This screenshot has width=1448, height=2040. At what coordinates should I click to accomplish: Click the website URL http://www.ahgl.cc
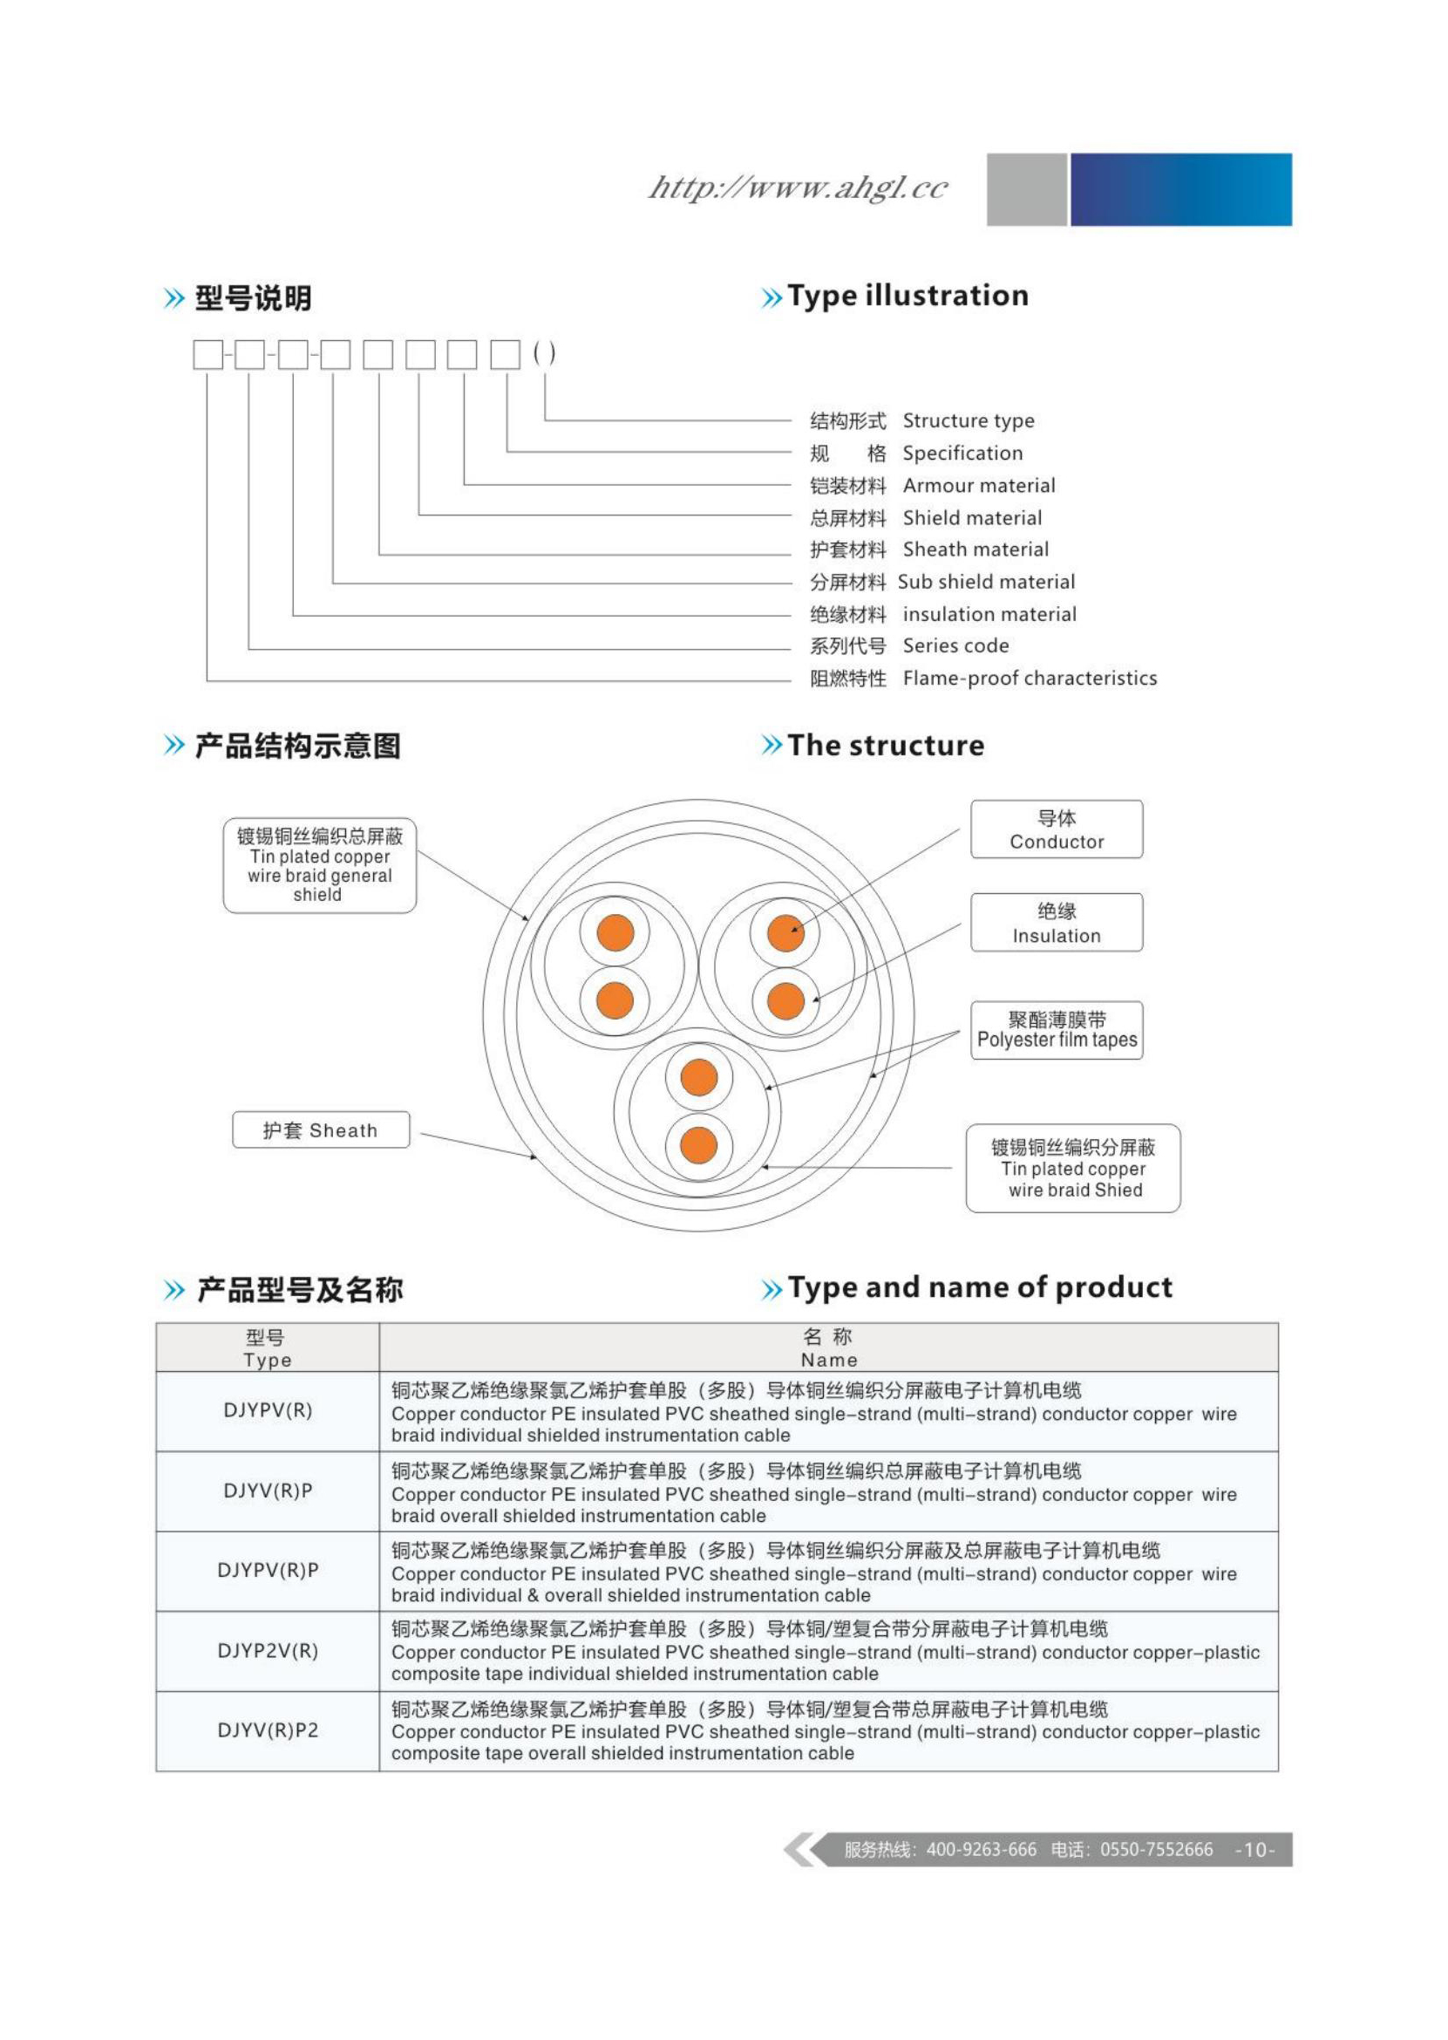coord(798,188)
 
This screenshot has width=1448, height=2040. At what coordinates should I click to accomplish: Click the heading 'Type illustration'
coord(907,296)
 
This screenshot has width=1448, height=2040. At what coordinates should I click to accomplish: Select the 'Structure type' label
coord(969,420)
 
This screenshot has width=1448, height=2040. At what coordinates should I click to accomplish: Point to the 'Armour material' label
coord(978,485)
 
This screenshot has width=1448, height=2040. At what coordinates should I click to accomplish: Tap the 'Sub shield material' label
coord(986,582)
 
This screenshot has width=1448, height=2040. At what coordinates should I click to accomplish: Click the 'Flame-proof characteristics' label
coord(1029,678)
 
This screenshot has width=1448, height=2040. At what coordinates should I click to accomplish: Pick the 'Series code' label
coord(955,645)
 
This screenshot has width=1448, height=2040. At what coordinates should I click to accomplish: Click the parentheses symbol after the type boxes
coord(544,353)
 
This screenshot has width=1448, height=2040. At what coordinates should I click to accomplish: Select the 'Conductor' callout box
coord(1056,829)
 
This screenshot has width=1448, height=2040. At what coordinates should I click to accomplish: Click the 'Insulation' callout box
coord(1056,924)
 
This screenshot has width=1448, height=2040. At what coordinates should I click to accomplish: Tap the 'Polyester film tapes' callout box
coord(1057,1030)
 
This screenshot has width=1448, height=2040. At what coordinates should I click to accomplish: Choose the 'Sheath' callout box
coord(320,1130)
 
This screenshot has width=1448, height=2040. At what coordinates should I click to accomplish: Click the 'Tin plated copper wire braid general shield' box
coord(319,865)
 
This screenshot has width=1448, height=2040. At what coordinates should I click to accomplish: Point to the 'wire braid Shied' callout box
coord(1072,1169)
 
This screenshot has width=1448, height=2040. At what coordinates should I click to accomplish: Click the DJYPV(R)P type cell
coord(268,1570)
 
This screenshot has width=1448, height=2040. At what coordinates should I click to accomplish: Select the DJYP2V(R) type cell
coord(268,1650)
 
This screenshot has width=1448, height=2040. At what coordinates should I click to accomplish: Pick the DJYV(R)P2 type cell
coord(268,1730)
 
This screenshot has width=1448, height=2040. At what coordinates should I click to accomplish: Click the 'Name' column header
coord(828,1347)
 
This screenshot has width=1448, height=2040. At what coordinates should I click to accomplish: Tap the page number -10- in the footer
coord(1254,1850)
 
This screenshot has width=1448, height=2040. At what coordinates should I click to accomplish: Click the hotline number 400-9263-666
coord(981,1850)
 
